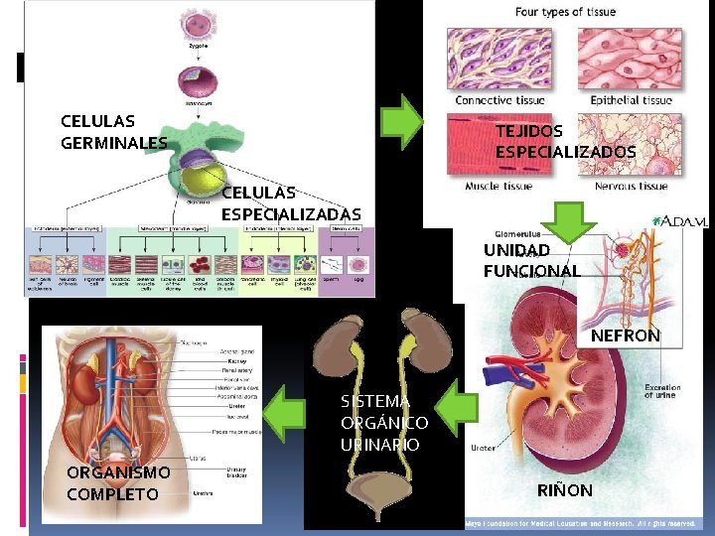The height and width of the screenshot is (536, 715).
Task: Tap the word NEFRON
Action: pos(625,336)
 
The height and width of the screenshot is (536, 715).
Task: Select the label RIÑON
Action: pos(564,490)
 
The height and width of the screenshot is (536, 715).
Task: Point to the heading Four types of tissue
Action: pos(565,12)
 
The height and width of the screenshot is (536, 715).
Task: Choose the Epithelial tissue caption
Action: pos(631,100)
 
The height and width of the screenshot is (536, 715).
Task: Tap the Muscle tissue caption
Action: pos(499,187)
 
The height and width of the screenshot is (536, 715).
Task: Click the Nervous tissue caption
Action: pos(631,187)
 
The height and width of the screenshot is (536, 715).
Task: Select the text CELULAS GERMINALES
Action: pos(112,132)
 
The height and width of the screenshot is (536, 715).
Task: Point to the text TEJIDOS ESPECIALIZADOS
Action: pos(565,141)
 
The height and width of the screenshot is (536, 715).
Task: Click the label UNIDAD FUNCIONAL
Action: pos(531,260)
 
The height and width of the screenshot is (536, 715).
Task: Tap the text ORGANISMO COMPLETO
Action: pos(118,482)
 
